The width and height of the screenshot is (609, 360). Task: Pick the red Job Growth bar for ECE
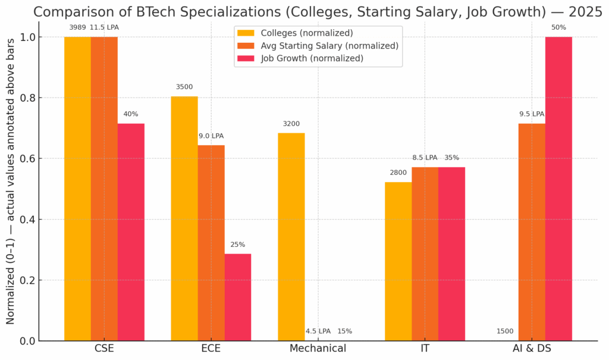tap(238, 297)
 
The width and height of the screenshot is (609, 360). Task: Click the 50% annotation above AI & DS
tap(558, 27)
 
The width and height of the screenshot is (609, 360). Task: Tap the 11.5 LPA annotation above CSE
tap(104, 27)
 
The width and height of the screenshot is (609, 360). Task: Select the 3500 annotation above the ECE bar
tap(184, 87)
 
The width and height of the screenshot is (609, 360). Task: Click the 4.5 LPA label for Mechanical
tap(318, 331)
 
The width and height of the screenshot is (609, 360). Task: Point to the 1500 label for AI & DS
tap(505, 331)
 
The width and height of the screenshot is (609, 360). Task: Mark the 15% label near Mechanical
tap(345, 331)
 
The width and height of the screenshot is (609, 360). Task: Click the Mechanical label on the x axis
tap(318, 349)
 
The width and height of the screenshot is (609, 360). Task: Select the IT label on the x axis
tap(425, 349)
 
